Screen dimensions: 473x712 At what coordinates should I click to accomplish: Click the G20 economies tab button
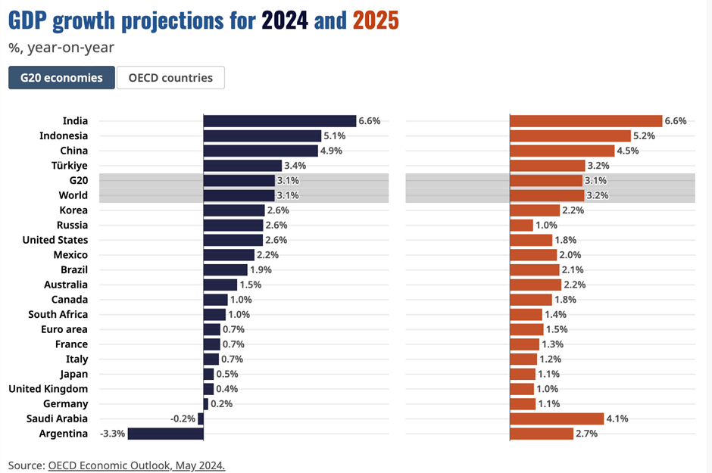pyautogui.click(x=61, y=78)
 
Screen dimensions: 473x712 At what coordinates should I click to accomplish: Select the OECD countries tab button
pyautogui.click(x=170, y=78)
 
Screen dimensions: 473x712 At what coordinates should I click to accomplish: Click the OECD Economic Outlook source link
pyautogui.click(x=136, y=465)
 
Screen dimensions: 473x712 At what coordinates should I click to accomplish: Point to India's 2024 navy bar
pyautogui.click(x=279, y=121)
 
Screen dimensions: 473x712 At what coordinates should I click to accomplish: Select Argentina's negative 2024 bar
pyautogui.click(x=165, y=434)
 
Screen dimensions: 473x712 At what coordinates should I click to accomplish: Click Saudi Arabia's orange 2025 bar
pyautogui.click(x=557, y=419)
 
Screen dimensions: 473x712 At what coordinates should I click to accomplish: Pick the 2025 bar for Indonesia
pyautogui.click(x=570, y=136)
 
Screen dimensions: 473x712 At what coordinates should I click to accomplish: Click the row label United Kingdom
pyautogui.click(x=48, y=389)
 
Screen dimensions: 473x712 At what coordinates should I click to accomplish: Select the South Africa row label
pyautogui.click(x=58, y=315)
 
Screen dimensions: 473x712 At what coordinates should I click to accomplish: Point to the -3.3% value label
pyautogui.click(x=112, y=434)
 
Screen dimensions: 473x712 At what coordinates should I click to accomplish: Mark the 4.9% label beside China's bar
pyautogui.click(x=330, y=151)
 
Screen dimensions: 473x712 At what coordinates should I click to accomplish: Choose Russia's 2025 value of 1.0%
pyautogui.click(x=546, y=226)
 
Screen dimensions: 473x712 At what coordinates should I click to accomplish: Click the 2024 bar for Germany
pyautogui.click(x=205, y=404)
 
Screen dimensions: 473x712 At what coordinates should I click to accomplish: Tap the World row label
pyautogui.click(x=73, y=195)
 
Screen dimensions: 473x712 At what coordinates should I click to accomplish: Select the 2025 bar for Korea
pyautogui.click(x=535, y=210)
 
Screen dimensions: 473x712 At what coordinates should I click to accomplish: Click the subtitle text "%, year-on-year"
pyautogui.click(x=61, y=48)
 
